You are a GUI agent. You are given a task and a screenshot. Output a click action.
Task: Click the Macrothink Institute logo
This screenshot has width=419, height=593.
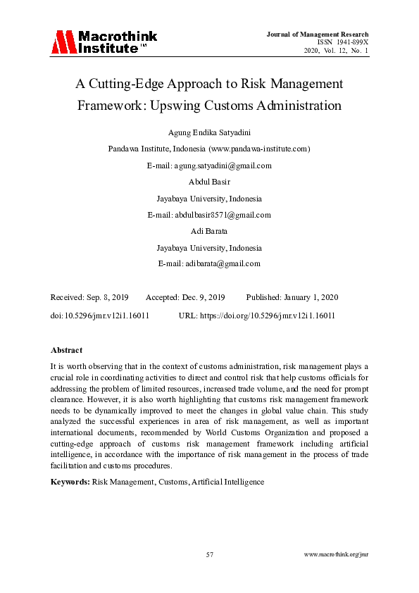(x=104, y=42)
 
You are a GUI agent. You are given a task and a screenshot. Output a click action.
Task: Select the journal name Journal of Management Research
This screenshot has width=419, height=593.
(x=318, y=35)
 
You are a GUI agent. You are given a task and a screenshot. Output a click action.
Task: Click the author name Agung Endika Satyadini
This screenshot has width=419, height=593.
(x=209, y=133)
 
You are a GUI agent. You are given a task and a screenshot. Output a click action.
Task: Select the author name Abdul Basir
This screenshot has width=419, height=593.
(x=209, y=182)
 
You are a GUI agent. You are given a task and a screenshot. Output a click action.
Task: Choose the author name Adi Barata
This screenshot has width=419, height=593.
(x=209, y=231)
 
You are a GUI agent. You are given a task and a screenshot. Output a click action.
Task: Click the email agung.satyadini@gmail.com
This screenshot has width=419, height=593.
(x=223, y=166)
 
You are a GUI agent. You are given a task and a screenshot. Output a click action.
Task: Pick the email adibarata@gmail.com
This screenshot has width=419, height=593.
(x=223, y=263)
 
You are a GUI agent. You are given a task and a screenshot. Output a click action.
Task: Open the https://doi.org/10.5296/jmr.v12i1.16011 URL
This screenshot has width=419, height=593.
(x=268, y=316)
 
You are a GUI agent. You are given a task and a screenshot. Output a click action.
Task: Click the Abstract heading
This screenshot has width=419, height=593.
(x=66, y=350)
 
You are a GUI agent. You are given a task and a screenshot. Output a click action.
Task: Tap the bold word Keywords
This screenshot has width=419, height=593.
(x=70, y=482)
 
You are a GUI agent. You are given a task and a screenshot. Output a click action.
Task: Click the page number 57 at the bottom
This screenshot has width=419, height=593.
(x=209, y=555)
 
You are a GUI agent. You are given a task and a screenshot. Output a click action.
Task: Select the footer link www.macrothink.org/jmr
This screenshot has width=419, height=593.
(x=336, y=555)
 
